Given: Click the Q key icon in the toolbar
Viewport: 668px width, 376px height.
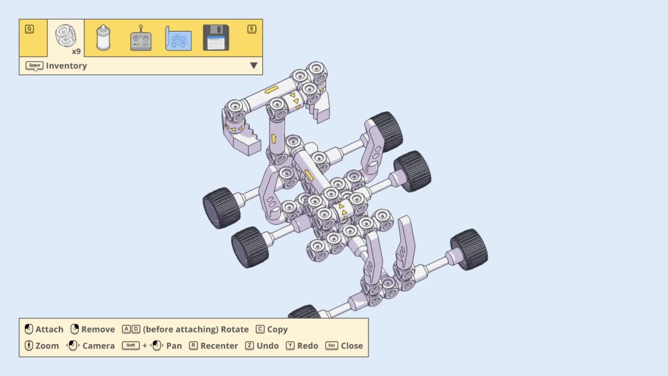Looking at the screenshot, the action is pyautogui.click(x=29, y=29).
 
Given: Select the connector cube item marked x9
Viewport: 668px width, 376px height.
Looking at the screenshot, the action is pyautogui.click(x=66, y=36).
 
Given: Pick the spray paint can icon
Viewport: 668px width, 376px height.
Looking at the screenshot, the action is pyautogui.click(x=103, y=38).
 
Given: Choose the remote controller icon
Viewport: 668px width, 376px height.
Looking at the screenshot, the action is pyautogui.click(x=141, y=38).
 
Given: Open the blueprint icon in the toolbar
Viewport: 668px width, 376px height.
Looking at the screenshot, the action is pyautogui.click(x=178, y=38).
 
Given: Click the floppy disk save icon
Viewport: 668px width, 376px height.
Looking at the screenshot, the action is pyautogui.click(x=216, y=38).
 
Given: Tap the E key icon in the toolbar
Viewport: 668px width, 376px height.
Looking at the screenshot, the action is pyautogui.click(x=252, y=29).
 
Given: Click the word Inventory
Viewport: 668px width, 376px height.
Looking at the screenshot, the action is pyautogui.click(x=66, y=66).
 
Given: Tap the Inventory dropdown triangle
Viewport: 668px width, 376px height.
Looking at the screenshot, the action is pyautogui.click(x=254, y=66).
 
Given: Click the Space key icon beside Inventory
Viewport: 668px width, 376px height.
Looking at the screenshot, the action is pyautogui.click(x=34, y=65).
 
